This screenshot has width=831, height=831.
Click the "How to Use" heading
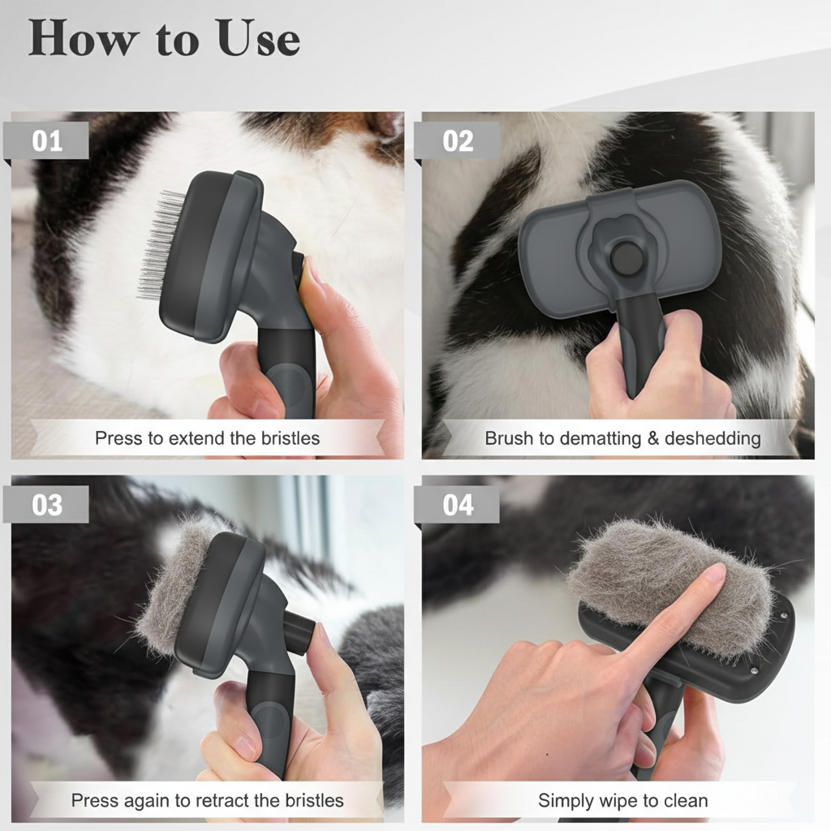(164, 37)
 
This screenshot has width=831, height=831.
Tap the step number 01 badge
(47, 140)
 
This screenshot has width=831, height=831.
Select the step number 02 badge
(458, 140)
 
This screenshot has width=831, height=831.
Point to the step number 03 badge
(47, 504)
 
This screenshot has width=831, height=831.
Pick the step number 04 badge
(458, 504)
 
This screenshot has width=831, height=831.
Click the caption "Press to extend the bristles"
(207, 439)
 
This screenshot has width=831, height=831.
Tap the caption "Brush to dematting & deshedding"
(622, 439)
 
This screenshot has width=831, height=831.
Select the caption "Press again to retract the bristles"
(207, 801)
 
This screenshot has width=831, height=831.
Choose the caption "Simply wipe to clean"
(622, 801)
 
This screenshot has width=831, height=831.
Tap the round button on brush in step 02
(626, 259)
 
